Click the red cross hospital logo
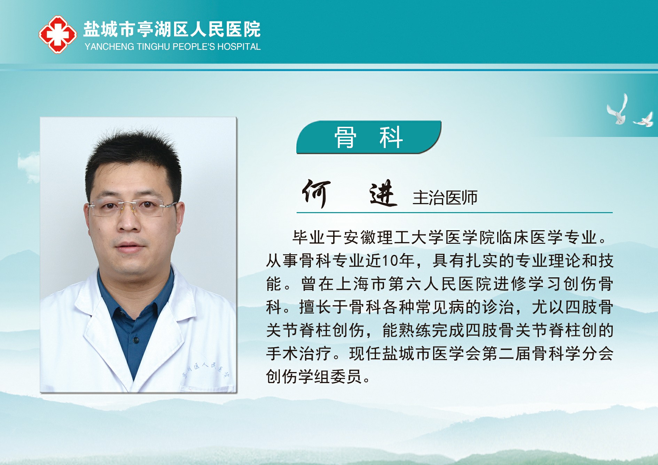pos(58,34)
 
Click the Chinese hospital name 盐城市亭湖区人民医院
pos(172,29)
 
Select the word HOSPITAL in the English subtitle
pos(239,47)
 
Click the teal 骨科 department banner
pos(369,137)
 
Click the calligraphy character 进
pos(383,193)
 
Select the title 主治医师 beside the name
pos(445,198)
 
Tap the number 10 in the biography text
pos(390,261)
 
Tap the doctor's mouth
pos(129,246)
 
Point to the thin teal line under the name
pos(454,212)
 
